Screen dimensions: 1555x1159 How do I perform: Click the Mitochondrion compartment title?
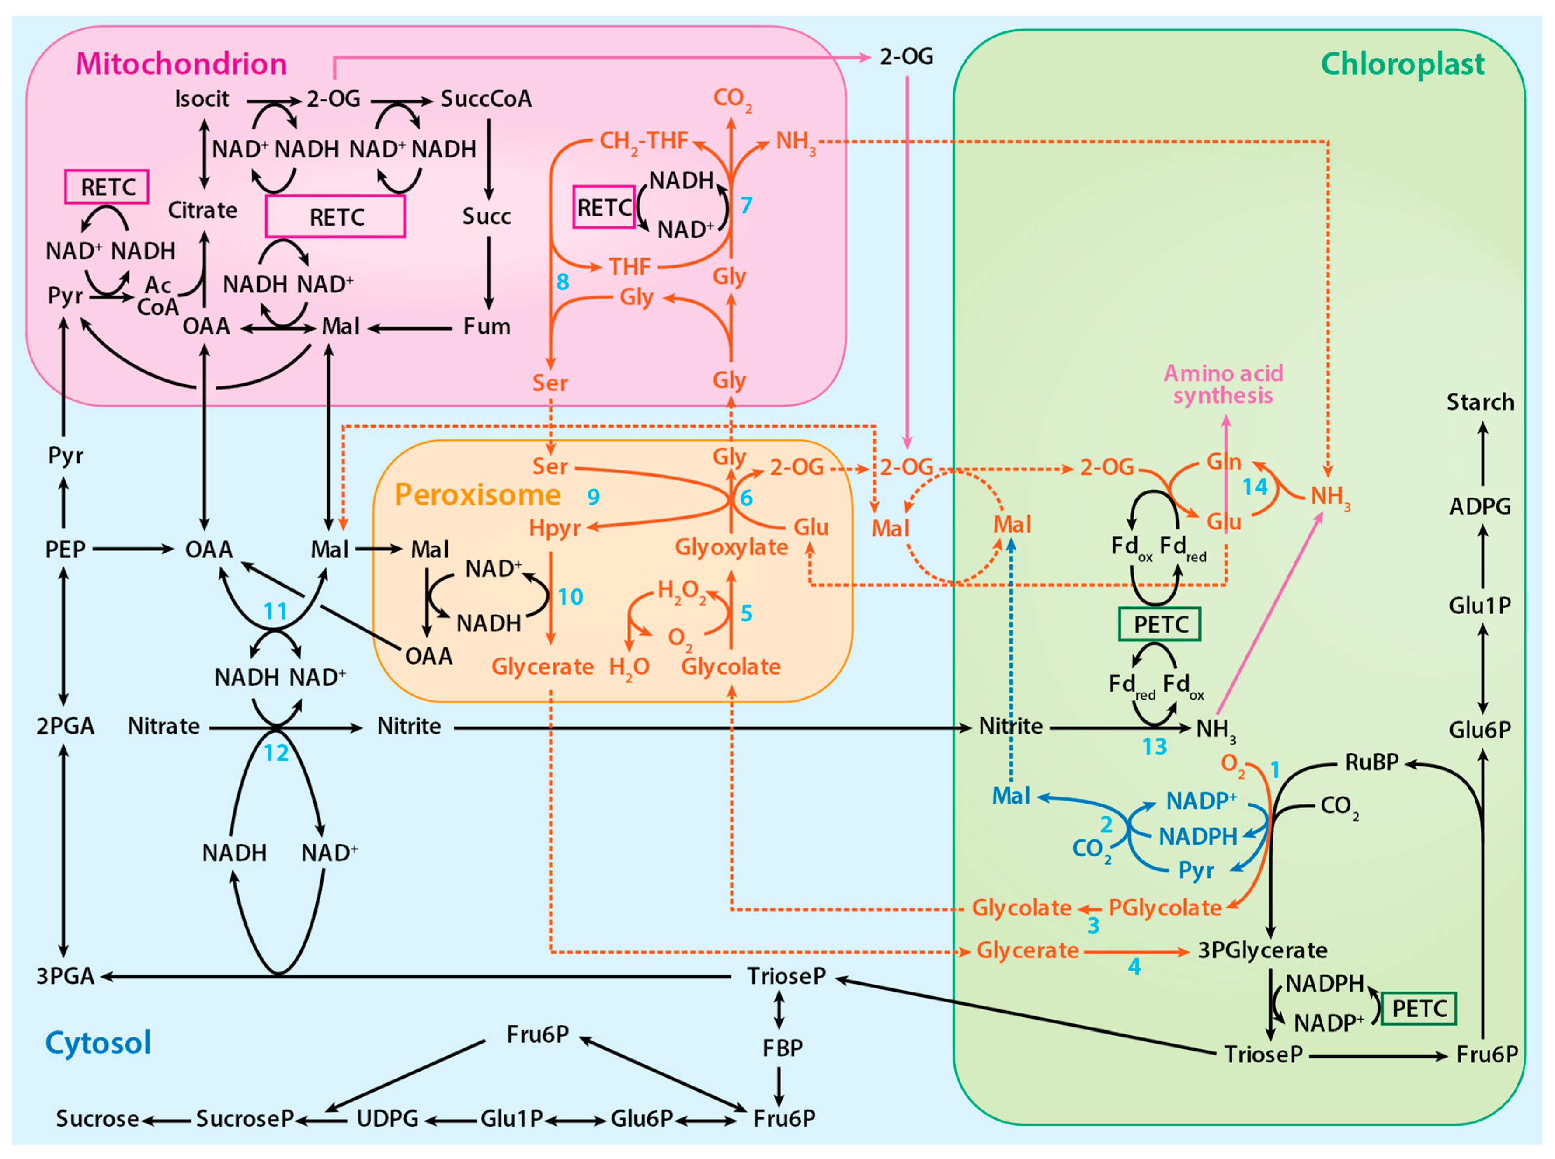coord(181,64)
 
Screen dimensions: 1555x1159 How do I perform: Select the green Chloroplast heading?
coord(1403,64)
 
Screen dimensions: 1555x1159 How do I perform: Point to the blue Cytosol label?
coord(98,1043)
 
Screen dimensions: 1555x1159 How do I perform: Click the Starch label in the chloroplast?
coord(1480,402)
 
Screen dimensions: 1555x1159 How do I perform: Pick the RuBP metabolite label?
coord(1371,762)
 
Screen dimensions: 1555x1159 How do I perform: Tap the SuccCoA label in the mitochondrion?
coord(486,99)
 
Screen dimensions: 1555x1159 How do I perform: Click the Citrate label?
coord(203,210)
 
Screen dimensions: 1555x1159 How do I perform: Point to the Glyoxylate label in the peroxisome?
coord(731,548)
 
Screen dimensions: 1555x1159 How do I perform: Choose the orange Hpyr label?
coord(555,528)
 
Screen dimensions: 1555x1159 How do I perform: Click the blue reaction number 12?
coord(276,753)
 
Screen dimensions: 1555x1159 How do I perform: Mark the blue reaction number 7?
coord(746,205)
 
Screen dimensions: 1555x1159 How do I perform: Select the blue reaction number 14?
coord(1255,487)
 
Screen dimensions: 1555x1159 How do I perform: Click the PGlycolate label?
coord(1165,908)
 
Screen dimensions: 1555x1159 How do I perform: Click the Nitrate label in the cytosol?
coord(164,726)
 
